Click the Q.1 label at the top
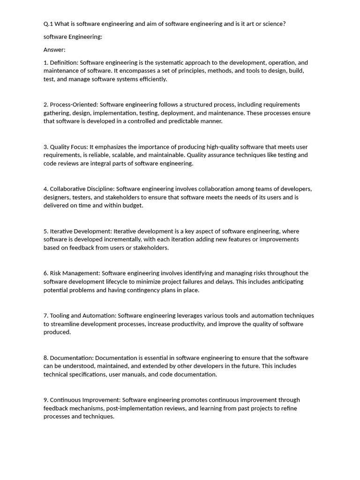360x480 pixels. point(49,24)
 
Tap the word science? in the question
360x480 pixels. point(271,24)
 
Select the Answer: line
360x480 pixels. point(54,50)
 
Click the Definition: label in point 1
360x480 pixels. point(65,62)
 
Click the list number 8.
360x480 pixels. point(45,358)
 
